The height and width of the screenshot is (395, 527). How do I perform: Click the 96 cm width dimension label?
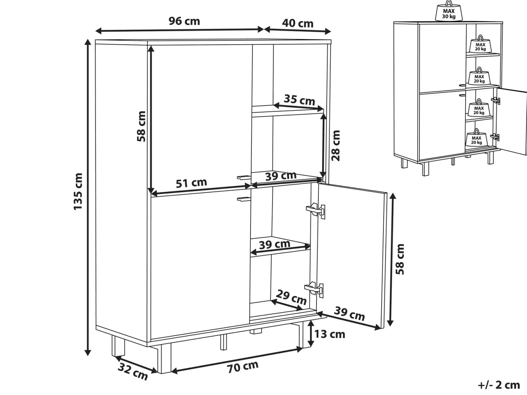[x=184, y=21]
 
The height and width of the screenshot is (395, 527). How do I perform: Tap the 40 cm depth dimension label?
[x=298, y=23]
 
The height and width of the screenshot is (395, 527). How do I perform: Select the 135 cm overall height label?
[x=78, y=192]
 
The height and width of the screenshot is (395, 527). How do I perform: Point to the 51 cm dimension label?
[x=191, y=183]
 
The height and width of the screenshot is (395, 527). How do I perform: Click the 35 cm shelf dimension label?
[x=299, y=100]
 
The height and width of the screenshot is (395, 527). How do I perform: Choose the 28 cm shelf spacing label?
[x=336, y=146]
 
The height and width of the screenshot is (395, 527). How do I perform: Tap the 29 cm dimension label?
[x=291, y=297]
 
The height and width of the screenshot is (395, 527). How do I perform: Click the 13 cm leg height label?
[x=330, y=334]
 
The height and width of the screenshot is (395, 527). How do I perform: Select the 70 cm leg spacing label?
[x=243, y=367]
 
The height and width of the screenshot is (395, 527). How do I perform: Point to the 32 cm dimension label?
[x=133, y=372]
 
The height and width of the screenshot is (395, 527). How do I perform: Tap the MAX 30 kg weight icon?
[x=449, y=11]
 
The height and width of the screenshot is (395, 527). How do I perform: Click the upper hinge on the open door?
[x=316, y=211]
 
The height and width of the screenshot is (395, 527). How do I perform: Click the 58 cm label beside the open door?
[x=400, y=259]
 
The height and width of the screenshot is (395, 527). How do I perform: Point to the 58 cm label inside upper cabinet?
[x=141, y=126]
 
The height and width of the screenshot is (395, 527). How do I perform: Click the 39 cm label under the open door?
[x=349, y=314]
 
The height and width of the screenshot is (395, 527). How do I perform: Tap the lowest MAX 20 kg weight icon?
[x=476, y=138]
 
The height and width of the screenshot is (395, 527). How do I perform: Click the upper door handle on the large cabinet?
[x=244, y=177]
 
